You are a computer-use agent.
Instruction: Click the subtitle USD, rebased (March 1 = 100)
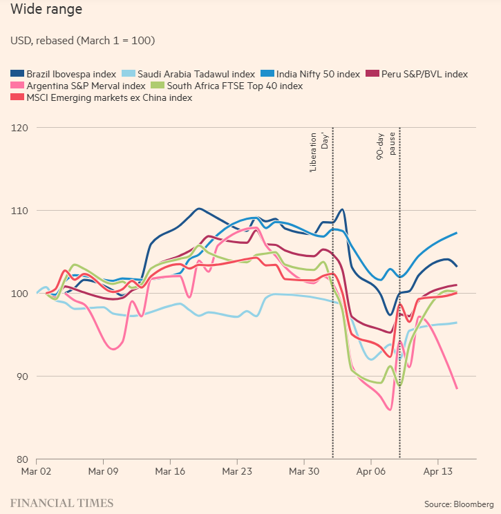pos(82,41)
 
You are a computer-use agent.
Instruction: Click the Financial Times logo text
pos(62,503)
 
